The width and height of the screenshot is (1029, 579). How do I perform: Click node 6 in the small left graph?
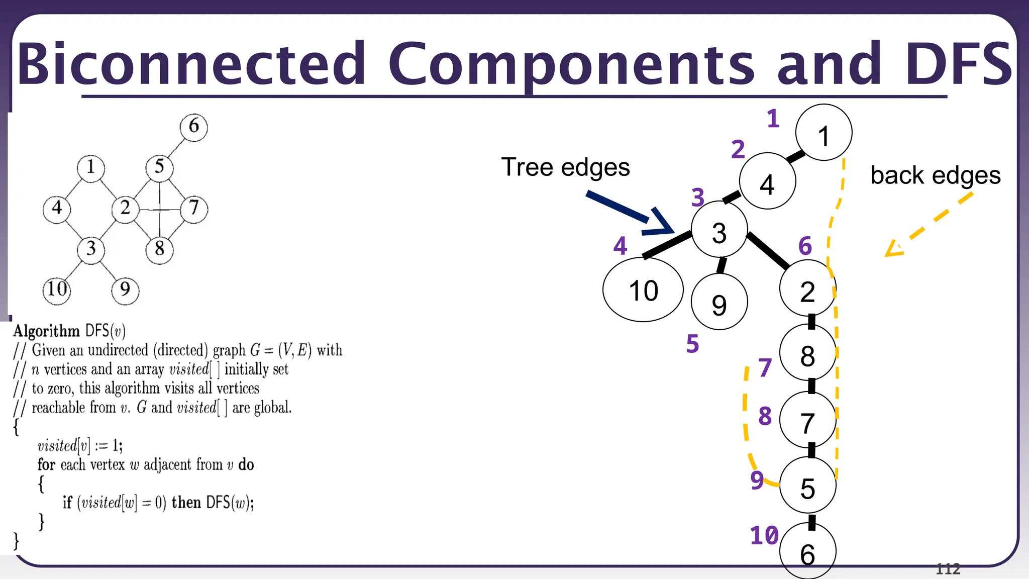pyautogui.click(x=193, y=126)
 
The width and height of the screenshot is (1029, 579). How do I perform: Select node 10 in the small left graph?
pyautogui.click(x=57, y=289)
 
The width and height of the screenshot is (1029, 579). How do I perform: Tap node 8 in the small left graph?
pyautogui.click(x=159, y=248)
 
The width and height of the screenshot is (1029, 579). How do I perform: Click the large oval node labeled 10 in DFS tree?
pyautogui.click(x=643, y=290)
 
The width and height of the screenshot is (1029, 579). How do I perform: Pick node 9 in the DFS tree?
pyautogui.click(x=719, y=303)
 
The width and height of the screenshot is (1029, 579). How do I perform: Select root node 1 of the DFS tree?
pyautogui.click(x=824, y=133)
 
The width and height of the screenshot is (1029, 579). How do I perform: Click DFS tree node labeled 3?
pyautogui.click(x=719, y=232)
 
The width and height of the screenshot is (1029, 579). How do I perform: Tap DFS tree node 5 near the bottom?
pyautogui.click(x=807, y=487)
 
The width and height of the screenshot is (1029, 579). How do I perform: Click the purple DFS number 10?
pyautogui.click(x=764, y=536)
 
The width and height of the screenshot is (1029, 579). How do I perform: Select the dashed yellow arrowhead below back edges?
pyautogui.click(x=893, y=249)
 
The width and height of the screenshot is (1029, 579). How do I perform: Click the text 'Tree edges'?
pyautogui.click(x=565, y=167)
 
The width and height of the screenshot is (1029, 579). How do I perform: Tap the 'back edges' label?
pyautogui.click(x=935, y=175)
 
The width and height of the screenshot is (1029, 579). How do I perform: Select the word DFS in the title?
pyautogui.click(x=958, y=64)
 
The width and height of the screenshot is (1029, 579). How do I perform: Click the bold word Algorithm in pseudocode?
pyautogui.click(x=46, y=331)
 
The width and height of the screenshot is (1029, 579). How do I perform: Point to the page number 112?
pyautogui.click(x=948, y=569)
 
